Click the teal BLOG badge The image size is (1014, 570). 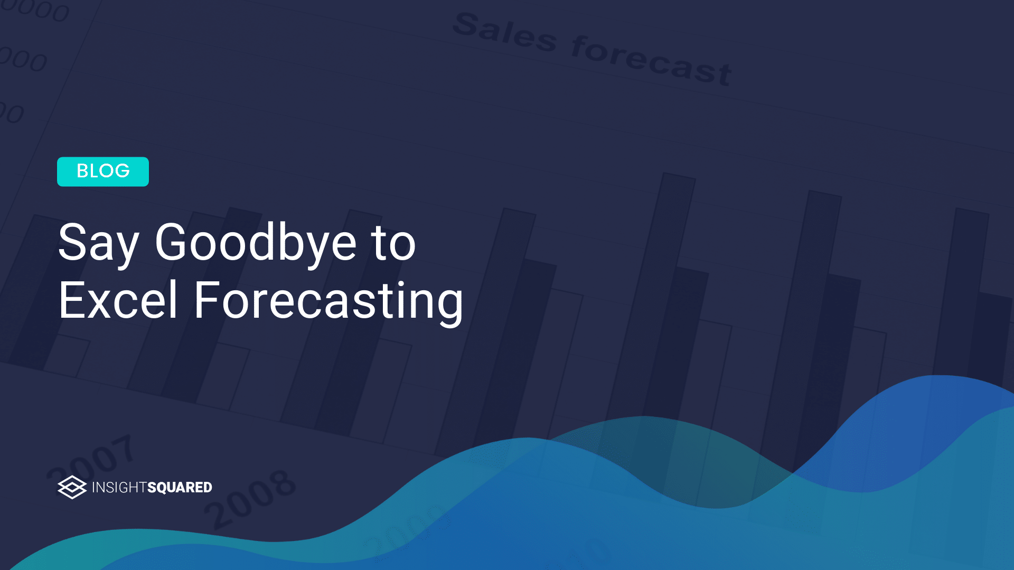103,172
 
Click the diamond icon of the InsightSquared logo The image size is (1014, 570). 72,487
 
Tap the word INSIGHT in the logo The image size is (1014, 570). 119,487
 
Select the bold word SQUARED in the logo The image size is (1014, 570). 180,487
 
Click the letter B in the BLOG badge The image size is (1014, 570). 82,171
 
